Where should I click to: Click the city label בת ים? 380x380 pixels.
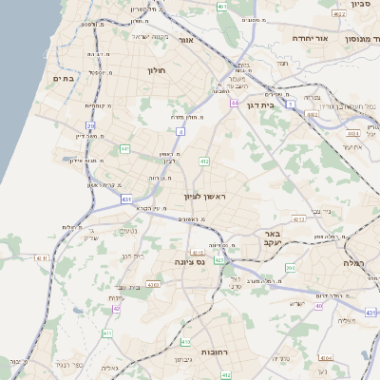tap(63, 79)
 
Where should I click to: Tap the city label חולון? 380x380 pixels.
tap(156, 70)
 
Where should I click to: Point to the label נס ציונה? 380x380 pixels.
tap(189, 261)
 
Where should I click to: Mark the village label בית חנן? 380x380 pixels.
tap(132, 256)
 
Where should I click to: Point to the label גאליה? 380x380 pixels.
tap(109, 368)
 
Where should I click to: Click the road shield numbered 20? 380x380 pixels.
tap(90, 125)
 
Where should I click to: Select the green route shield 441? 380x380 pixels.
tap(125, 148)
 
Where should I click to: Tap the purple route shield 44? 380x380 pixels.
tap(233, 103)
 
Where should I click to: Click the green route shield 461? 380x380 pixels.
tap(221, 7)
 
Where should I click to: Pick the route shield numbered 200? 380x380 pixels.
tap(289, 269)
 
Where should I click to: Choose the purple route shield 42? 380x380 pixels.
tap(117, 309)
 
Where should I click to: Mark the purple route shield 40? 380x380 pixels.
tap(319, 306)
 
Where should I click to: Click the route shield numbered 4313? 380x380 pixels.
tap(298, 218)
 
